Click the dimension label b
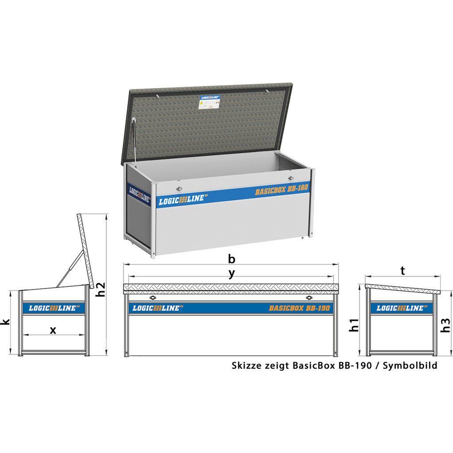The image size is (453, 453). [231, 258]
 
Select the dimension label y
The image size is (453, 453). [231, 273]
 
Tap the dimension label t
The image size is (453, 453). [403, 270]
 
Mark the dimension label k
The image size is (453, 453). [5, 322]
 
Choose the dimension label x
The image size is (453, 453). [53, 330]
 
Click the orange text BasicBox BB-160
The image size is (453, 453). [281, 189]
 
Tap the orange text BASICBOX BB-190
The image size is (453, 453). [299, 308]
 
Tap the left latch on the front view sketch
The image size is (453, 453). [153, 298]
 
